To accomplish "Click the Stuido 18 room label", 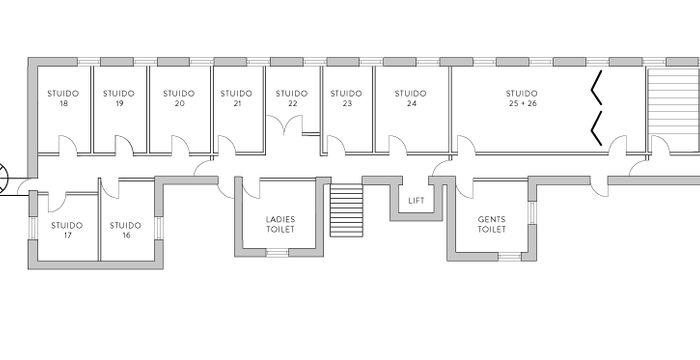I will [x=63, y=98].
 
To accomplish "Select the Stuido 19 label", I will [x=119, y=98].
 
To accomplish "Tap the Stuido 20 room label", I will [x=179, y=98].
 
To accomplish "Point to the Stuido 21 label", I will [x=236, y=98].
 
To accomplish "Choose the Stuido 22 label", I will [x=292, y=98].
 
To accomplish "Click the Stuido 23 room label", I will [x=346, y=98].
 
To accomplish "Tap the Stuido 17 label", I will [x=67, y=230].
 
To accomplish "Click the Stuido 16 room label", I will [x=126, y=230].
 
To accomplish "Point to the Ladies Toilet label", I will [x=280, y=223].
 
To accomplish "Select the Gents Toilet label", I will [x=491, y=223].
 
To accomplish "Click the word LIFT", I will [x=417, y=201].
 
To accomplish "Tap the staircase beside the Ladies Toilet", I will [x=346, y=211].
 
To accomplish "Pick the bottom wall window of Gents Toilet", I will [x=510, y=256].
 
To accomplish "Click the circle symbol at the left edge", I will [x=3, y=178].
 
